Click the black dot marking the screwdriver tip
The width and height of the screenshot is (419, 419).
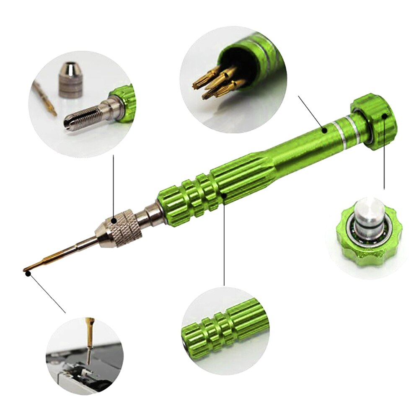(28, 273)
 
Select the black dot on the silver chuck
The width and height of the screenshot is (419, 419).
(114, 220)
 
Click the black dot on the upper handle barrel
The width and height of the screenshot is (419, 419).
(324, 130)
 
